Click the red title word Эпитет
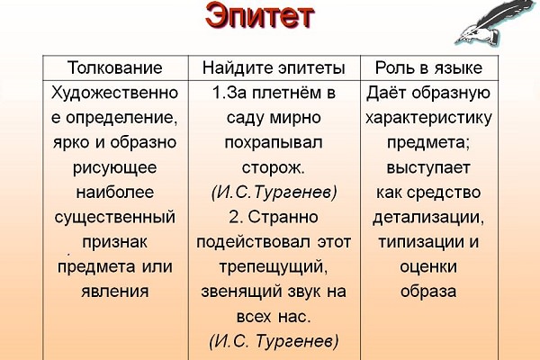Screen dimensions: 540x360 pos(260,16)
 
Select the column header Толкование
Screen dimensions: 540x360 pos(115,67)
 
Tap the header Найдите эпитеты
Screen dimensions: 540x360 pos(274,67)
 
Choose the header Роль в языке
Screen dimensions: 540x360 pos(428,67)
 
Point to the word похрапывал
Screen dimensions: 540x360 pos(274,142)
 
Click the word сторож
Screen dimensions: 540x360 pos(274,167)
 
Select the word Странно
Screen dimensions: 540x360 pos(283,218)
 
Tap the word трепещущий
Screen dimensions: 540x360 pos(274,267)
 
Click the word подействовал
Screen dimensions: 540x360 pos(253,242)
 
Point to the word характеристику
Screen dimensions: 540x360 pos(428,118)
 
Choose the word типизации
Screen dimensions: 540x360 pos(418,242)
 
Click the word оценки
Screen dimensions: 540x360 pos(428,267)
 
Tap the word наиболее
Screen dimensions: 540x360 pos(115,192)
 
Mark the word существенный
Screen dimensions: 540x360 pos(115,218)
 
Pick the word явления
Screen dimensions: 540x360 pos(115,292)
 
